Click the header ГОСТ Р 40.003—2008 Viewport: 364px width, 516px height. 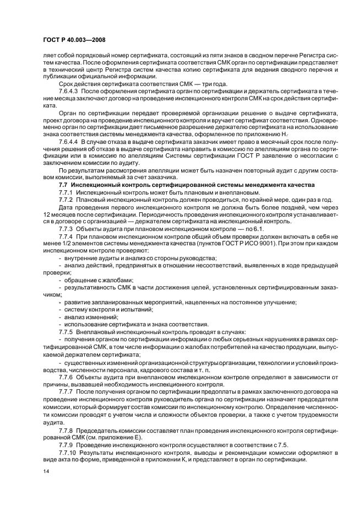(x=74, y=41)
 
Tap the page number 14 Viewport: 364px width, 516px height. (x=46, y=471)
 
